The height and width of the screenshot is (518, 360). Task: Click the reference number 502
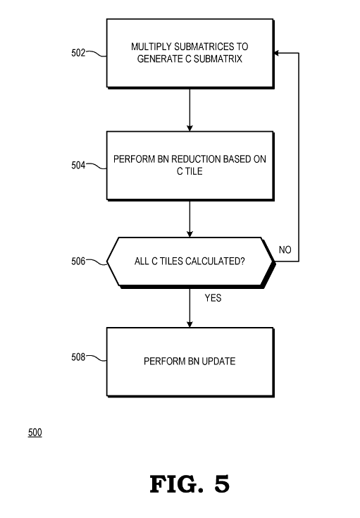[x=78, y=53]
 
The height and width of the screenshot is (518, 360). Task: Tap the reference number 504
[x=78, y=165]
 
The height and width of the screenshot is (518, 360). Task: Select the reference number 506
[x=78, y=261]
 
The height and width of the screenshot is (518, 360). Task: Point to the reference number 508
[x=78, y=357]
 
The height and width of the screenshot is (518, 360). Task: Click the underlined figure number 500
[x=35, y=433]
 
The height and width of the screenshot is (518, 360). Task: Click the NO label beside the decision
[x=285, y=249]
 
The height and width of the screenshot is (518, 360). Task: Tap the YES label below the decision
[x=213, y=298]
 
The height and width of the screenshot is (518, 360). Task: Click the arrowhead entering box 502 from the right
[x=276, y=53]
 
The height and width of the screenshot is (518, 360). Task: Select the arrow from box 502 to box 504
[x=190, y=110]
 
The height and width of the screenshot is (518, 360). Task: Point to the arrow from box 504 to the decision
[x=190, y=219]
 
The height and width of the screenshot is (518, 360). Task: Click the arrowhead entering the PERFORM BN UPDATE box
[x=190, y=324]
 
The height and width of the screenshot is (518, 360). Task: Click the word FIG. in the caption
[x=176, y=484]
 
